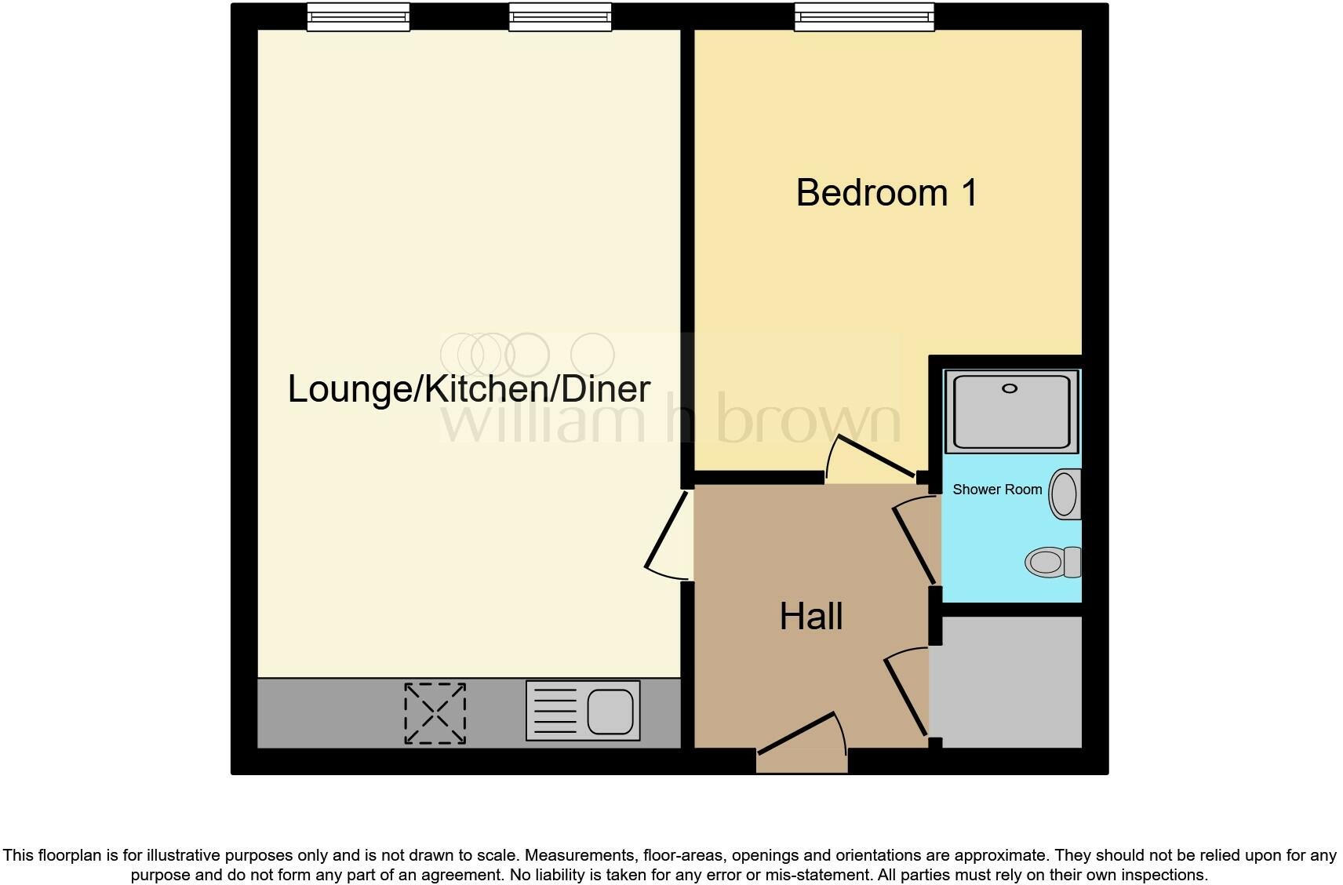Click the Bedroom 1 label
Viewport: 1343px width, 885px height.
tap(886, 193)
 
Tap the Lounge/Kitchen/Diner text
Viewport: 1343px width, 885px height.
tap(469, 389)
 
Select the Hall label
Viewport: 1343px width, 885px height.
tap(811, 617)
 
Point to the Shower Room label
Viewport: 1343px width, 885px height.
tap(997, 490)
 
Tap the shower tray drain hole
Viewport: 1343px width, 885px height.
tap(1010, 388)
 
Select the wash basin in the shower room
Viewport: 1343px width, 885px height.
tap(1065, 494)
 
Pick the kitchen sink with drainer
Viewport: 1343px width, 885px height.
tap(582, 711)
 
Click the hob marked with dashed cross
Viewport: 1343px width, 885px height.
tap(435, 712)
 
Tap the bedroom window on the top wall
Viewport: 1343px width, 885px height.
tap(864, 16)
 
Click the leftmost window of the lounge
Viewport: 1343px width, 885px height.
tap(358, 16)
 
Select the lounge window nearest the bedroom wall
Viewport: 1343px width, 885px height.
tap(559, 16)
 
